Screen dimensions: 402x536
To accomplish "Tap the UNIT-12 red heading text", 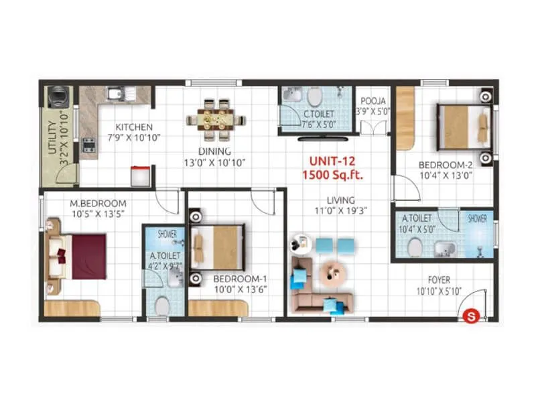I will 332,161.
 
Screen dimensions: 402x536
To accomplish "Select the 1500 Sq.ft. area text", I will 332,175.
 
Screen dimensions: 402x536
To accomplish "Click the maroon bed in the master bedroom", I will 84,255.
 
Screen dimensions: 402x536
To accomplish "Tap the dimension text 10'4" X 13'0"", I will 446,176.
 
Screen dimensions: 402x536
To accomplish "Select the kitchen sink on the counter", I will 115,94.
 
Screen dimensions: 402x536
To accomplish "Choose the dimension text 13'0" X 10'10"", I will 214,163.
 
